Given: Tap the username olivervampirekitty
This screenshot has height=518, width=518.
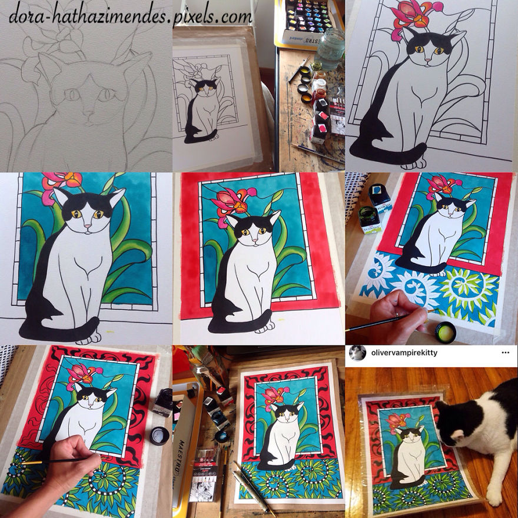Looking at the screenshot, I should tap(406, 353).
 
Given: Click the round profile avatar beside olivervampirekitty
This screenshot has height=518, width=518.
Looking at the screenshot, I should tap(357, 353).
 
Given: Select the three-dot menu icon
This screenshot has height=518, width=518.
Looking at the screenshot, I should tap(505, 353).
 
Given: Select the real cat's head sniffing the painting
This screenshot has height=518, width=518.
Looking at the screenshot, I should tap(459, 412).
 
